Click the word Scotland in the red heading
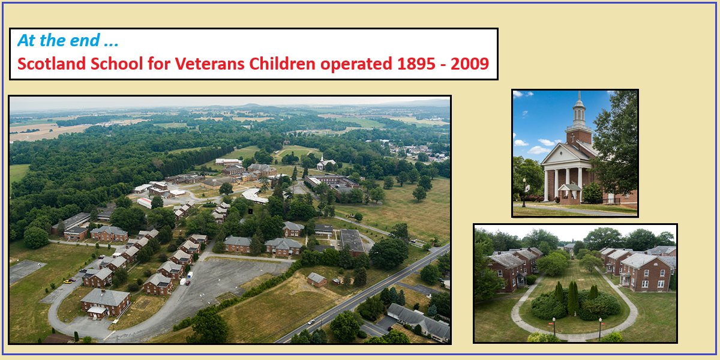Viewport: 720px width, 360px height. [x=52, y=64]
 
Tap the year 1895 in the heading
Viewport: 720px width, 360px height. [x=417, y=64]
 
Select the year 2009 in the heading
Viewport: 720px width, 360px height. [x=470, y=64]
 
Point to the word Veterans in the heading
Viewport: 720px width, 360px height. [x=211, y=64]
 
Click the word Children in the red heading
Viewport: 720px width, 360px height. [x=282, y=64]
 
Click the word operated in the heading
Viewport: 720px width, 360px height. [x=356, y=64]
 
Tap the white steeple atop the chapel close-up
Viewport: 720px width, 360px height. [x=579, y=109]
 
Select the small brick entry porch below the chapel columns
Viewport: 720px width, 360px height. [x=569, y=194]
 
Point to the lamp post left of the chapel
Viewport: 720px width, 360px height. [x=524, y=193]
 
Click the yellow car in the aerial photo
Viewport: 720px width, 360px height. [x=67, y=281]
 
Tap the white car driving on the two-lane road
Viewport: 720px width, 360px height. [x=311, y=322]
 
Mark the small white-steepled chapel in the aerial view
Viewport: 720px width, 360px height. [x=325, y=163]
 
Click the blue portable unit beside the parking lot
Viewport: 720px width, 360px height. [x=190, y=275]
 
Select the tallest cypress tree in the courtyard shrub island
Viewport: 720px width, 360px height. [x=572, y=298]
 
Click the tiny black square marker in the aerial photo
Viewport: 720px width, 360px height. [x=250, y=211]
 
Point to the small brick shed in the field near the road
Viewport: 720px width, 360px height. [x=317, y=280]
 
